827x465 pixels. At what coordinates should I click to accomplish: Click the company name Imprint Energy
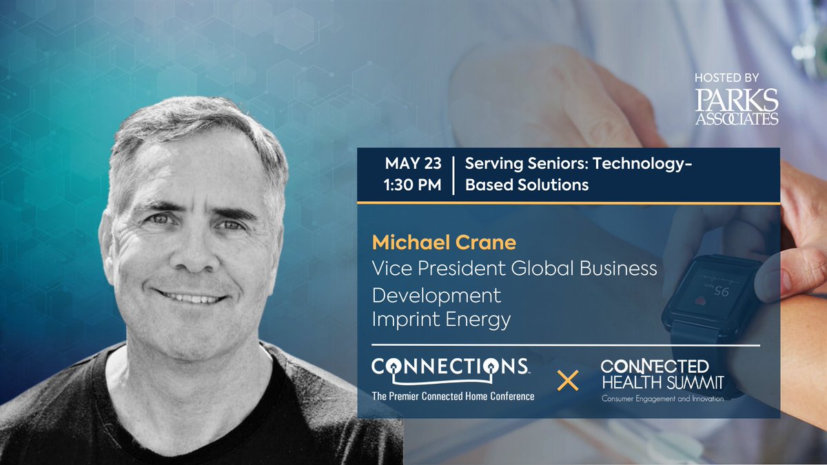point(441,319)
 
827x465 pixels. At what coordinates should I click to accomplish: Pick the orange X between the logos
point(567,380)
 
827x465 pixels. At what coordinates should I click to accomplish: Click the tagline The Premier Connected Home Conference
point(453,395)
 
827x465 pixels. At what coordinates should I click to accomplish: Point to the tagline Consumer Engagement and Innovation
point(662,399)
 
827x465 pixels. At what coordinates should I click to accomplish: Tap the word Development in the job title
point(436,295)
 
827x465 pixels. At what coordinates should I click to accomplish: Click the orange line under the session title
point(568,203)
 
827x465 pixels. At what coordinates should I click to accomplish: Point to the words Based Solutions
point(527,185)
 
